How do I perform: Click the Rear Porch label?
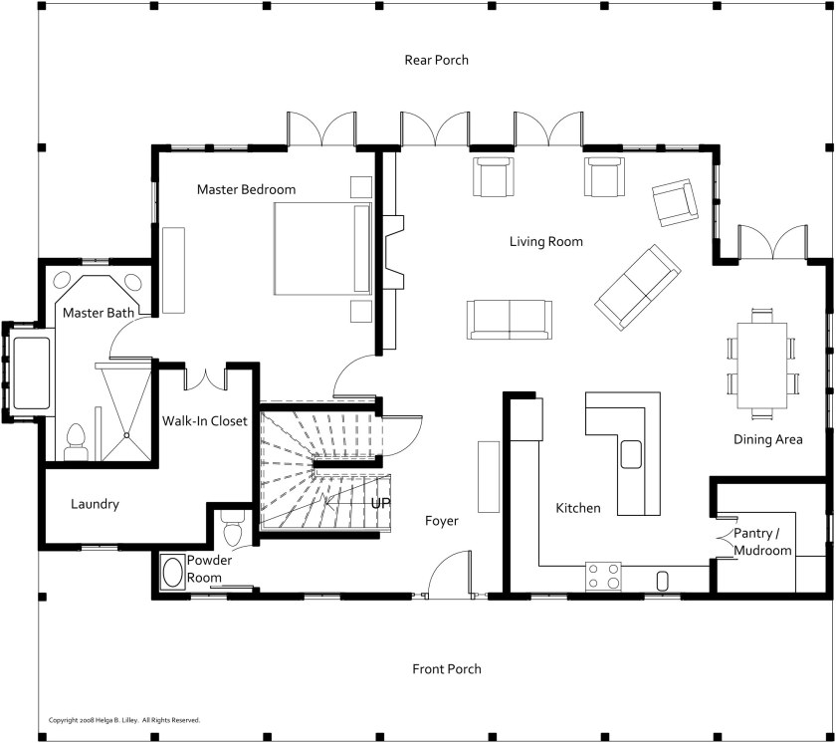(436, 60)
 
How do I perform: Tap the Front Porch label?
(446, 669)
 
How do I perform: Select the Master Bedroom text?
(246, 189)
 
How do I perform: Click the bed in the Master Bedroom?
(321, 248)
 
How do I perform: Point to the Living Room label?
(545, 242)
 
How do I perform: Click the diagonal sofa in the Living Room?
(638, 288)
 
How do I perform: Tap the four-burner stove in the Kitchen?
(602, 576)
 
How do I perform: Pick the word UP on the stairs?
(380, 504)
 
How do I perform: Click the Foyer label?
(441, 521)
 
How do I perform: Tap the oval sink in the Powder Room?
(172, 573)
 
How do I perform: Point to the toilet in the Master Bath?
(75, 441)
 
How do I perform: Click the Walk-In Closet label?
(205, 421)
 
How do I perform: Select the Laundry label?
(95, 504)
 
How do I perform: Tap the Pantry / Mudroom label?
(762, 543)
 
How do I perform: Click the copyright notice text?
(124, 719)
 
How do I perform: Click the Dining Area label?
(767, 439)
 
